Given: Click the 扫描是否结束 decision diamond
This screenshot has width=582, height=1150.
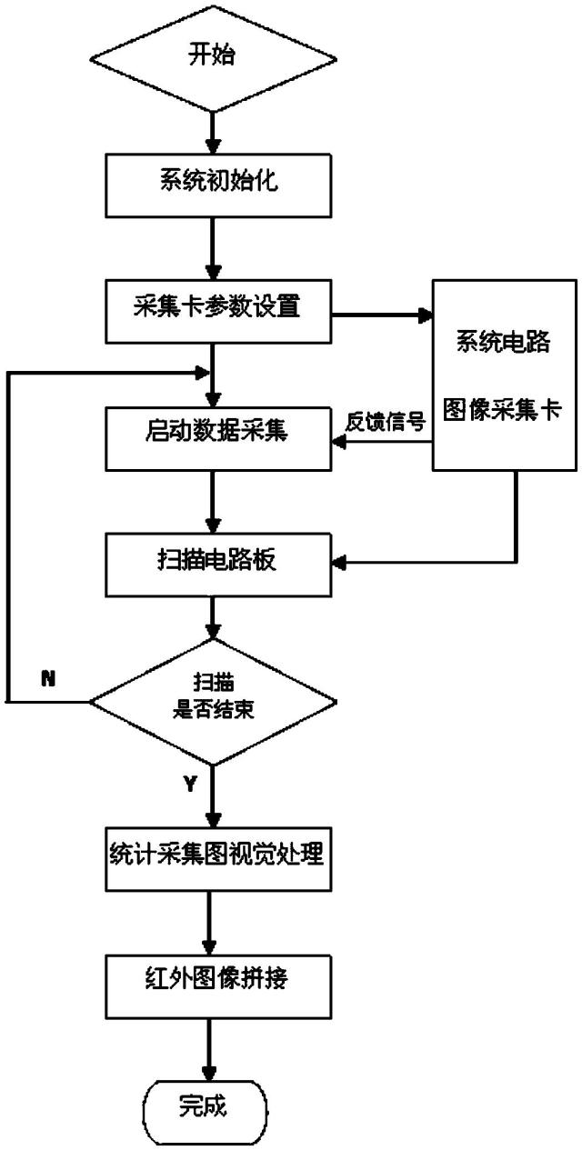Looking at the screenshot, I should click(x=211, y=700).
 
